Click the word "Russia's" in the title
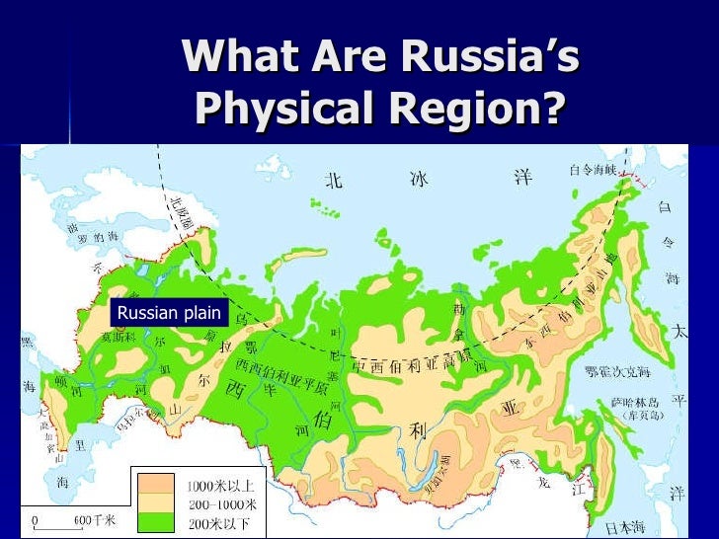click(x=495, y=58)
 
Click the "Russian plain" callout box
click(x=169, y=314)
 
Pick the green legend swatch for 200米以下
click(x=153, y=517)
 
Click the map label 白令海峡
click(x=593, y=170)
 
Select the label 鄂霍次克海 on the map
click(x=617, y=372)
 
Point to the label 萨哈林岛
click(x=627, y=403)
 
